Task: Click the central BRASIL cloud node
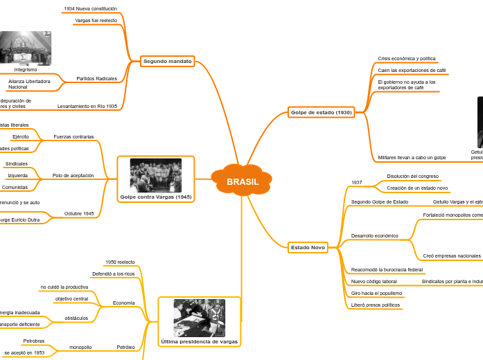242,182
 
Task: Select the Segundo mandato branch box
167,62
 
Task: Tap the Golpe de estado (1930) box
321,112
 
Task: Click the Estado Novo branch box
308,247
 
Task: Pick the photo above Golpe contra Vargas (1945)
156,175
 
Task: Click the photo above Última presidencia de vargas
199,317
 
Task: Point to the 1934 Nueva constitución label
90,9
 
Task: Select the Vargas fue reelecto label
96,21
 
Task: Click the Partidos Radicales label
96,79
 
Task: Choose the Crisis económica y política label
407,59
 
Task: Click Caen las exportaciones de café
412,71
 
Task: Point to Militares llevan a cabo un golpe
412,158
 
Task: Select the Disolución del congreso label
412,177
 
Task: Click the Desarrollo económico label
375,236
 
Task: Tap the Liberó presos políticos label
376,305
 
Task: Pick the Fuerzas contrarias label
73,137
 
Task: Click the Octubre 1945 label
78,213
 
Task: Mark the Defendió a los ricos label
114,274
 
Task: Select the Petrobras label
33,341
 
